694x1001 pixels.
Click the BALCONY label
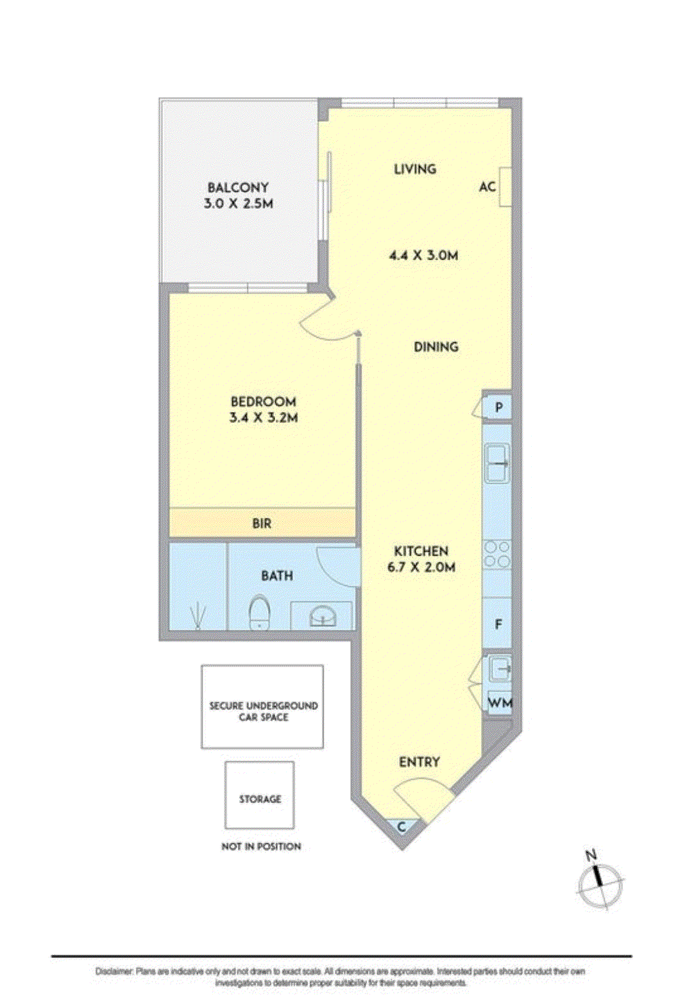pos(238,188)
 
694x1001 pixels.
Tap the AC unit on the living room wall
pos(505,187)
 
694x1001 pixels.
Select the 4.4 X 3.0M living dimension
pos(423,255)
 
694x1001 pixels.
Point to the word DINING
pos(436,347)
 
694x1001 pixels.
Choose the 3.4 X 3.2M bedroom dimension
pos(263,418)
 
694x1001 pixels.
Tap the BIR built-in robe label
pos(262,524)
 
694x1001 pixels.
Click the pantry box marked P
pos(498,407)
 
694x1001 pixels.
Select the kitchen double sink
pos(496,463)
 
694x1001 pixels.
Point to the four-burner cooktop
pos(496,554)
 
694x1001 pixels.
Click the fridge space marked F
pos(498,624)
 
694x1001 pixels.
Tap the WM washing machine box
pos(500,703)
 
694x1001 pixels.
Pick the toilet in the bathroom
pos(259,613)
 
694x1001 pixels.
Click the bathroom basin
pos(322,616)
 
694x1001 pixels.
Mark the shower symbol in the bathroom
pos(198,616)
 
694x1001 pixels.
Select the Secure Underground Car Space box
pos(262,706)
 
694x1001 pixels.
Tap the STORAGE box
pos(260,795)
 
